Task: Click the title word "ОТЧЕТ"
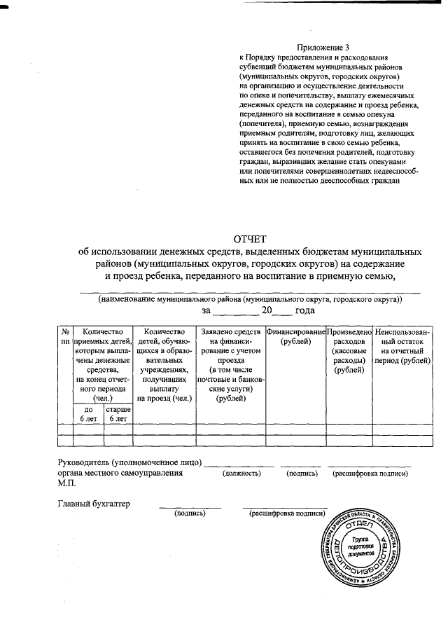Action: (250, 240)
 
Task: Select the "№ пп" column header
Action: (64, 336)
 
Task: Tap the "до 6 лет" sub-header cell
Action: (87, 413)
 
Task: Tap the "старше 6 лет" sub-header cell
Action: (118, 413)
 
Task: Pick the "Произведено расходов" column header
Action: (349, 350)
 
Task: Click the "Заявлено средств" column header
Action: (230, 364)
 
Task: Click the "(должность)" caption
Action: (241, 474)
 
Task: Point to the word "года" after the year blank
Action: (304, 310)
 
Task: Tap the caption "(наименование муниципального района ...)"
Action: (250, 298)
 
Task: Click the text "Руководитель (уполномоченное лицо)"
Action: (129, 462)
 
